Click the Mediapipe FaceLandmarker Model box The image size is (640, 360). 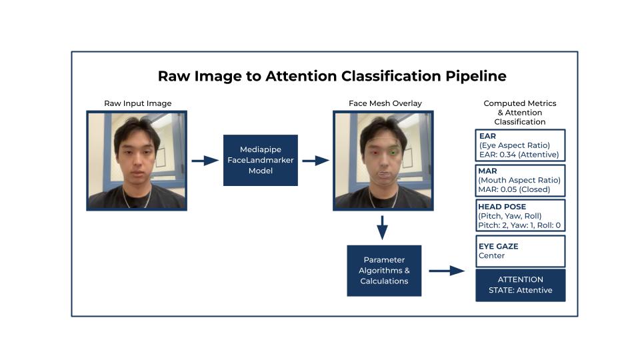[261, 160]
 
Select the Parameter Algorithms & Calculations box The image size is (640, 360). [384, 271]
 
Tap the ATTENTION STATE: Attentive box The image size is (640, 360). [521, 285]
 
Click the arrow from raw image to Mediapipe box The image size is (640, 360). [205, 161]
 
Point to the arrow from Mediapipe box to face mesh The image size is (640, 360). [315, 161]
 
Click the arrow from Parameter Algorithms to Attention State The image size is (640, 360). [446, 271]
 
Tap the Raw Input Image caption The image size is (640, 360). [138, 103]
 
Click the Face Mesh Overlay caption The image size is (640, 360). [385, 103]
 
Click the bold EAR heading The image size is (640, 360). [487, 136]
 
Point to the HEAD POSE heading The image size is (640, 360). [502, 207]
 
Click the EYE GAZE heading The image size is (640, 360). [498, 246]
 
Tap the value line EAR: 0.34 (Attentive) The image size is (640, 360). [519, 155]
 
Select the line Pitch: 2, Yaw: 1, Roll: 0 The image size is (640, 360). [519, 225]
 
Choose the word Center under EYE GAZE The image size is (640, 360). [492, 255]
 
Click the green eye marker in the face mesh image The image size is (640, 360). [394, 152]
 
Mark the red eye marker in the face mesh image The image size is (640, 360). [375, 153]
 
